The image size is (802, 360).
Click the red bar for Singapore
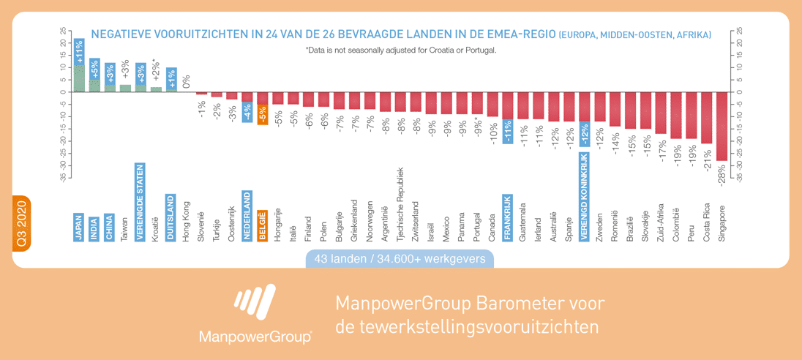tap(722, 126)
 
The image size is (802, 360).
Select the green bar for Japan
tap(79, 79)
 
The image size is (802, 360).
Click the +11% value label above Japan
tap(79, 52)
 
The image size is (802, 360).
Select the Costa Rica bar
tap(706, 117)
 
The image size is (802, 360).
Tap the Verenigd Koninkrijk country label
tap(584, 197)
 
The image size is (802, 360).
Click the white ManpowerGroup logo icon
tap(255, 304)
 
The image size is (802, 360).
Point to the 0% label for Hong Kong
tap(186, 81)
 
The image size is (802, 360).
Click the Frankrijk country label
tap(507, 217)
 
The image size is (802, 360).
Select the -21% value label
tap(707, 159)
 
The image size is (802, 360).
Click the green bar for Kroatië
tap(156, 89)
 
